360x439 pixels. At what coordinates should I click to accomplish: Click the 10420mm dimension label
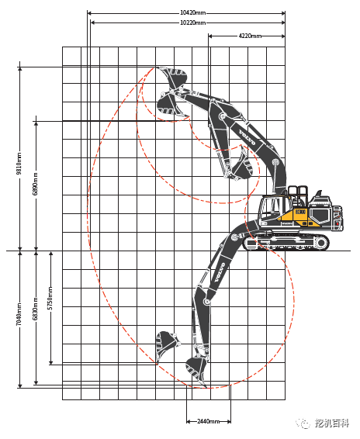coord(192,13)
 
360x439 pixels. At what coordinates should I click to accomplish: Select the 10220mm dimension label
coord(192,22)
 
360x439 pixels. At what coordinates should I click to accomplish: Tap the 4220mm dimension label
coord(250,36)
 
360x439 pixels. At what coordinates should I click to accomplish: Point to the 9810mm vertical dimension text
coord(19,163)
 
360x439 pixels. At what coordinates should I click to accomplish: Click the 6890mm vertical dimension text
coord(35,184)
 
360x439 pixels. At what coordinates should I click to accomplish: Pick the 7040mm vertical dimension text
coord(19,314)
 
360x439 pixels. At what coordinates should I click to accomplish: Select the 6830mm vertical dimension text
coord(35,309)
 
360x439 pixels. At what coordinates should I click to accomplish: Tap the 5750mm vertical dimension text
coord(50,298)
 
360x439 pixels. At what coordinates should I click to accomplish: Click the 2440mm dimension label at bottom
coord(209,421)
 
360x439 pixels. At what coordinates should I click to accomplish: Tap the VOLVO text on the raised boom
coord(247,137)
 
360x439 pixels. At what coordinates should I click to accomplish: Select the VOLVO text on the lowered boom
coord(220,272)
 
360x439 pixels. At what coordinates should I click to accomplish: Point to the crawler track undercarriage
coord(286,243)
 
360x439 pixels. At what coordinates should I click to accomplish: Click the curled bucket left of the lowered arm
coord(166,345)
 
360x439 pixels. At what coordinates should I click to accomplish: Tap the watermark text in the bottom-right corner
coord(332,423)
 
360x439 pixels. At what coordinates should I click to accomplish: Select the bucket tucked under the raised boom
coord(242,165)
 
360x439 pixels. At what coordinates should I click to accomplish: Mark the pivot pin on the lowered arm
coord(207,302)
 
